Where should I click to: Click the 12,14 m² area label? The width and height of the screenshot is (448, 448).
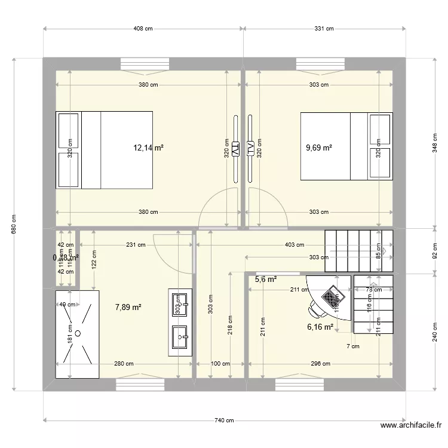point(148,148)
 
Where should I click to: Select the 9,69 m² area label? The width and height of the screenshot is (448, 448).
point(319,148)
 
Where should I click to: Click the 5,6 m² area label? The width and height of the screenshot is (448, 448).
point(266,279)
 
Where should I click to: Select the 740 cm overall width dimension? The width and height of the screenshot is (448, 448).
point(224,421)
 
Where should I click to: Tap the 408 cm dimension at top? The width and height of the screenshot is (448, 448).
point(143,28)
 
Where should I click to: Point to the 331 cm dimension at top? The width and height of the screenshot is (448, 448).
point(324,28)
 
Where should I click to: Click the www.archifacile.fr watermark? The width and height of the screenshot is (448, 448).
point(411,426)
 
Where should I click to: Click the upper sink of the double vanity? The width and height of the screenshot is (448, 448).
point(178,305)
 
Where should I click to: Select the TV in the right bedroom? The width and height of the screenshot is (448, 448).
point(251,148)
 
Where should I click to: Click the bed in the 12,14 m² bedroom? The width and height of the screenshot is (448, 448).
point(104,150)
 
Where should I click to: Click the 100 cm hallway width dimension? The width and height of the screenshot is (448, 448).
point(220,363)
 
